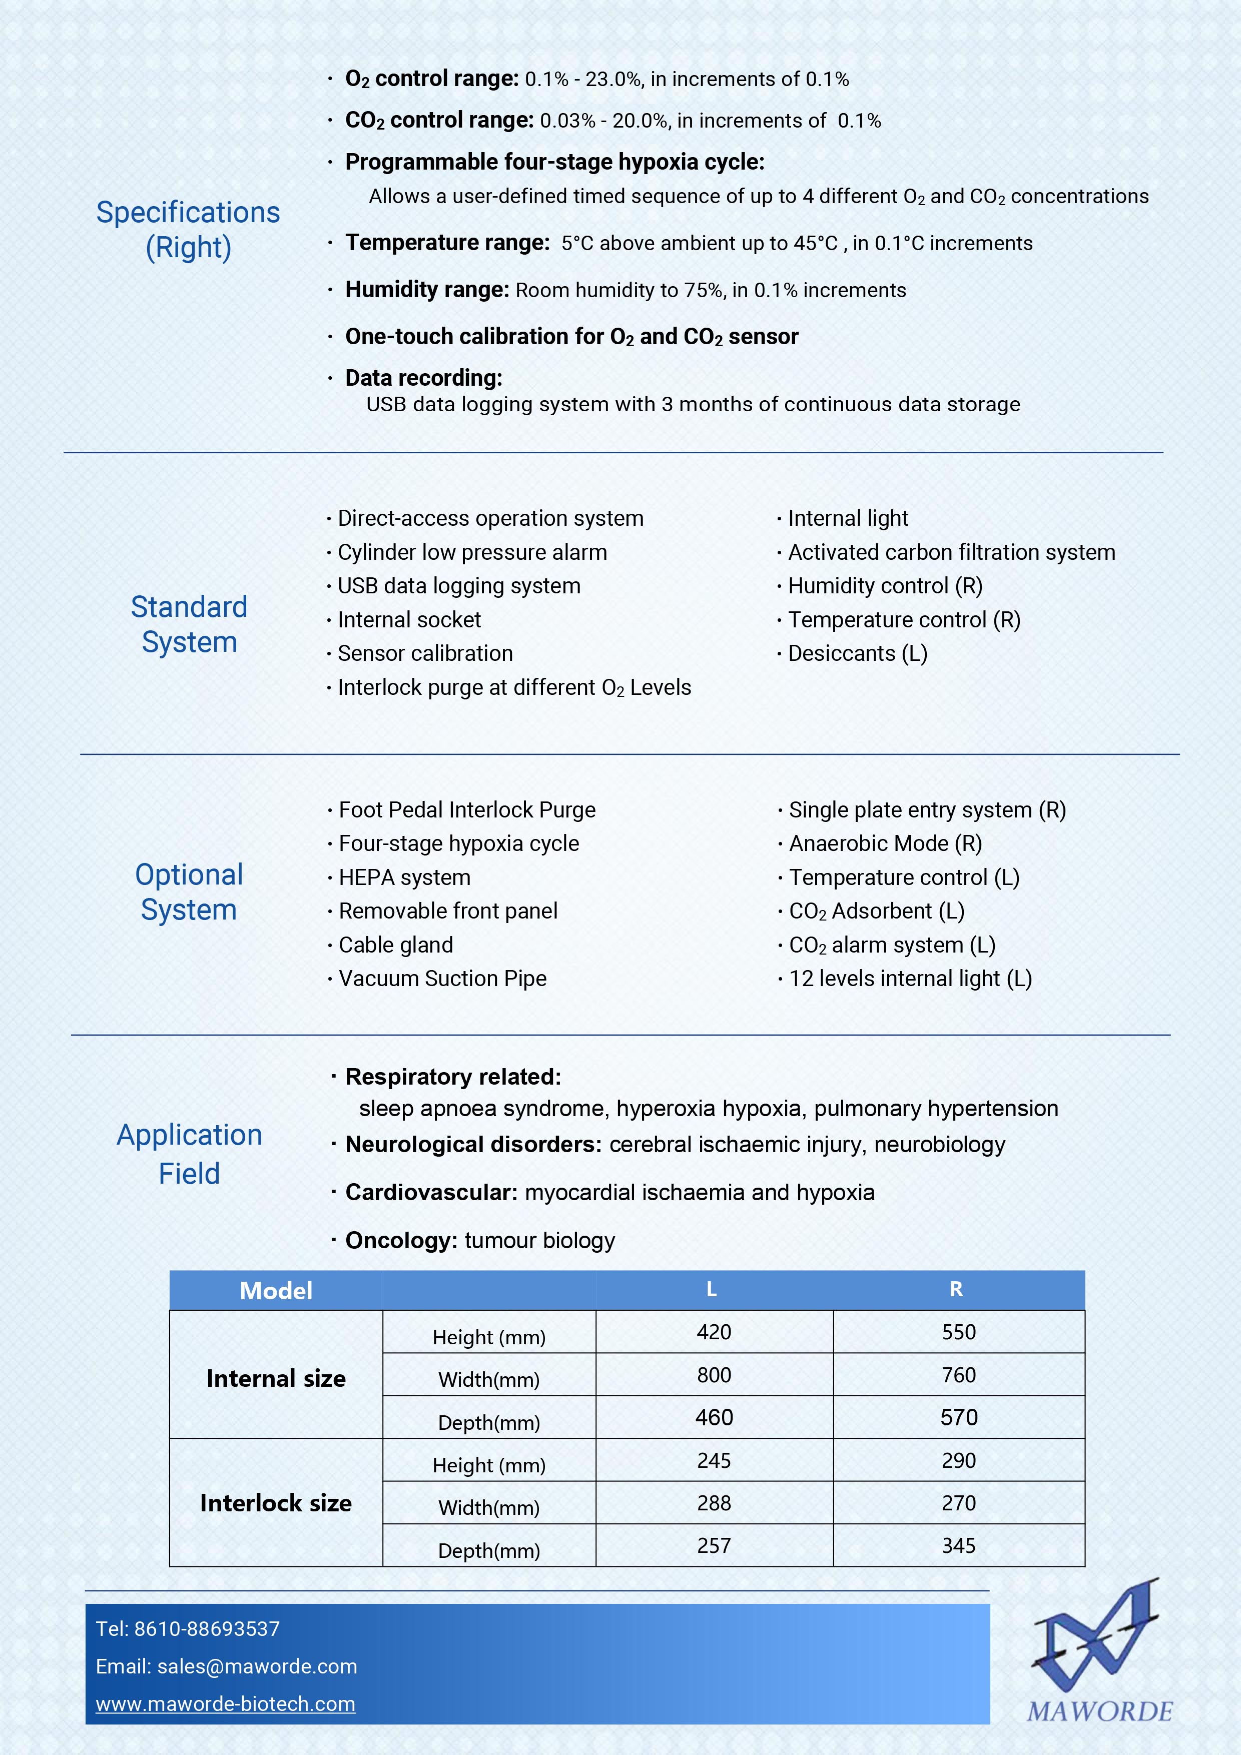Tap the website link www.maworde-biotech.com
(x=226, y=1704)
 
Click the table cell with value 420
(x=714, y=1332)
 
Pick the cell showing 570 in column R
(x=959, y=1418)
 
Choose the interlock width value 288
(x=714, y=1503)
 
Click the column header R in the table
(x=956, y=1290)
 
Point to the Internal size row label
(x=276, y=1378)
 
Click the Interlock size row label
(x=276, y=1503)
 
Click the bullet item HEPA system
(x=404, y=877)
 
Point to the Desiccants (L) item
(x=857, y=653)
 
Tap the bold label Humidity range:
(x=427, y=290)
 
